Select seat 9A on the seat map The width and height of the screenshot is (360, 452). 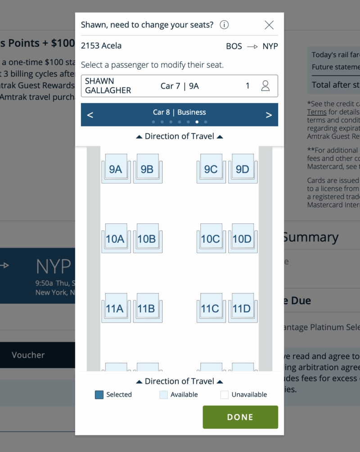coord(116,169)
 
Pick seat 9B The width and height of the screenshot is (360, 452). coord(147,169)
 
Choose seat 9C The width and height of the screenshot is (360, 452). coord(211,169)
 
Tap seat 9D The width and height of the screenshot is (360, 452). coord(242,169)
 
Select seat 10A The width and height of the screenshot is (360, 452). coord(116,239)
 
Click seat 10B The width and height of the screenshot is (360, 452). coord(147,239)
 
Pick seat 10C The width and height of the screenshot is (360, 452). coord(211,239)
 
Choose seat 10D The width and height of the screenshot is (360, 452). coord(242,239)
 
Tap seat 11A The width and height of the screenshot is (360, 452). coord(116,308)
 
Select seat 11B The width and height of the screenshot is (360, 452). coord(147,308)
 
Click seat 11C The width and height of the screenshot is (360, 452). coord(211,308)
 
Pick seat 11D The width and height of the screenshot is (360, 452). coord(242,308)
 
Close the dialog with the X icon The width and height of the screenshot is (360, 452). coord(269,25)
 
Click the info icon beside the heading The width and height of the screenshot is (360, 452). coord(224,25)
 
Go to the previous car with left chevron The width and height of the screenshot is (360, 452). coord(90,115)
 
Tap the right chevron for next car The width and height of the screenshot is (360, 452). coord(269,115)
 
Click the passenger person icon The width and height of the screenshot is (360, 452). coord(265,86)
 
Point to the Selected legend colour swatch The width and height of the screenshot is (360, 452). coord(99,395)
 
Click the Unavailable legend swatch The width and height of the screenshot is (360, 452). coord(225,395)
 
